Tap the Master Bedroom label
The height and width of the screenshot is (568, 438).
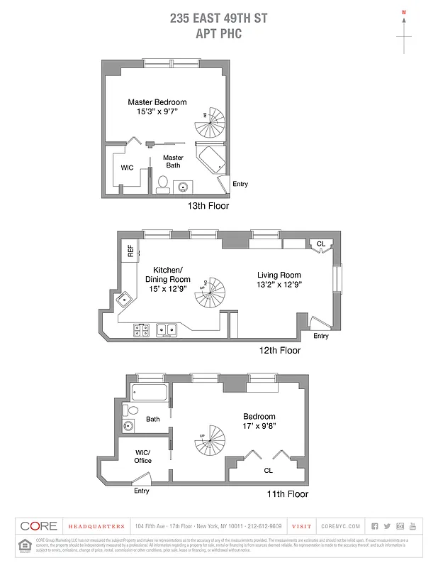tap(157, 102)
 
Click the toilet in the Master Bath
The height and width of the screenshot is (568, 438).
tap(162, 186)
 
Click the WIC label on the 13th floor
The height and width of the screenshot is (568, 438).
tap(128, 168)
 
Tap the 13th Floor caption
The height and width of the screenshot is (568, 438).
tap(208, 206)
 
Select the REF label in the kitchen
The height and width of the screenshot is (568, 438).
tap(130, 250)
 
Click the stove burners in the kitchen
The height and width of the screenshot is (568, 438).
tap(141, 329)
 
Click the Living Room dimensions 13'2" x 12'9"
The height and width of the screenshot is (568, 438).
tap(279, 285)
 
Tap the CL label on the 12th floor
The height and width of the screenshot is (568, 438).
tap(321, 244)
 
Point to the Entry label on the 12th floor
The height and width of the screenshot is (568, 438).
tap(321, 336)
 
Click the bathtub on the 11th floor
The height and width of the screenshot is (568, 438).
tap(149, 392)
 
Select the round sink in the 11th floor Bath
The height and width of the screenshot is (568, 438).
tap(128, 427)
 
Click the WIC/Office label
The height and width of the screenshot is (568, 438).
tap(143, 456)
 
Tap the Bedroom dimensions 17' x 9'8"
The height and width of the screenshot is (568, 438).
tap(259, 426)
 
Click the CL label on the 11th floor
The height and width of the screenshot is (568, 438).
tap(268, 470)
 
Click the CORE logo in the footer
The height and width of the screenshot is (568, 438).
tap(38, 526)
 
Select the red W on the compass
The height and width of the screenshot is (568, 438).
tap(404, 12)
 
